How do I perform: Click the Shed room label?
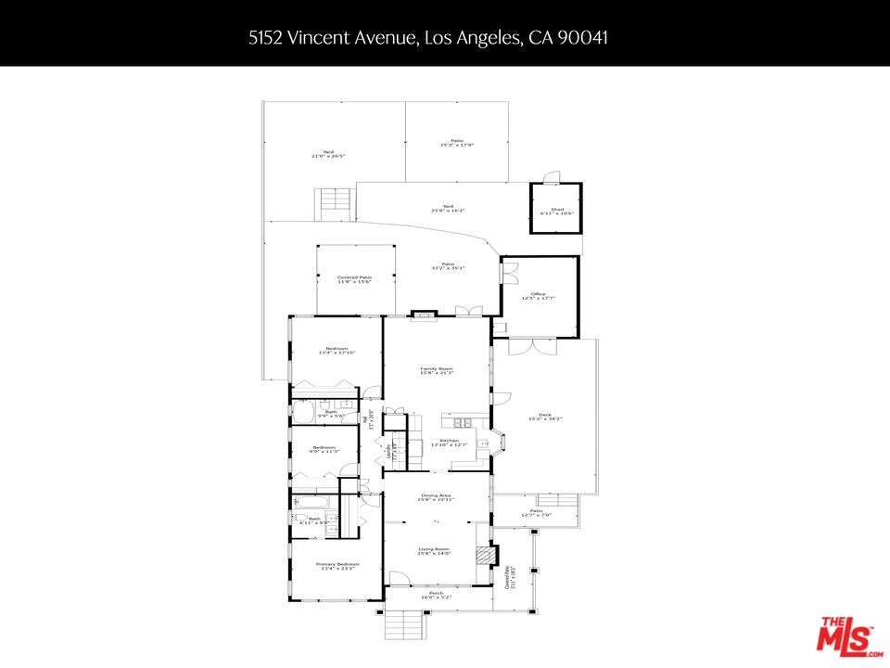556,212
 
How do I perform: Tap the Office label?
538,295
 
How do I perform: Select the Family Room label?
436,370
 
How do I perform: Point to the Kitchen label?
449,443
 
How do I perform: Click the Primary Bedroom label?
337,566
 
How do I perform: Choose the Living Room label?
436,551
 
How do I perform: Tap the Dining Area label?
436,498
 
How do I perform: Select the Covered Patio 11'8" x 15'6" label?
354,279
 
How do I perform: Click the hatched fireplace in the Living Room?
480,555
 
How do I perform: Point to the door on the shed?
553,177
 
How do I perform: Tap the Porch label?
436,595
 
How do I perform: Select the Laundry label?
387,453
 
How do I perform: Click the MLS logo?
845,637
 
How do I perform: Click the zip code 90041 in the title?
581,38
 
